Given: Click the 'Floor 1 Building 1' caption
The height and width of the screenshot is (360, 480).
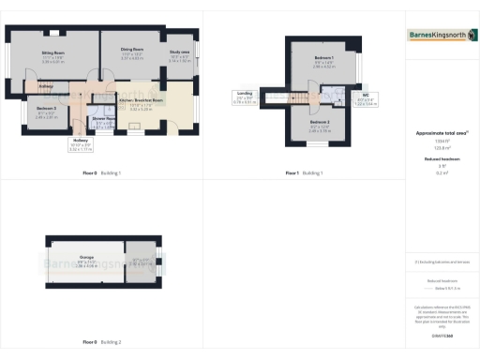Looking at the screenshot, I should coord(305,173).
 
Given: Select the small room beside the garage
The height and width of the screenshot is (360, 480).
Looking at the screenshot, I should coord(142,262).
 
